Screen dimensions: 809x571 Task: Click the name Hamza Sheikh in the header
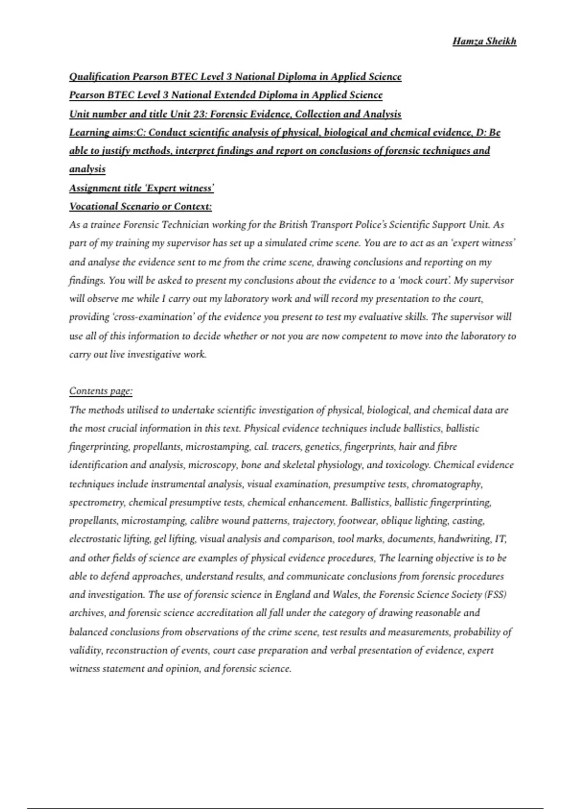point(484,41)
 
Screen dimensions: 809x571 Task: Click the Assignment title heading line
point(141,188)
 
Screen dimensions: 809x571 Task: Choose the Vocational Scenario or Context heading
point(140,207)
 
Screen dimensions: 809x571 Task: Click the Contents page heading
point(101,391)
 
